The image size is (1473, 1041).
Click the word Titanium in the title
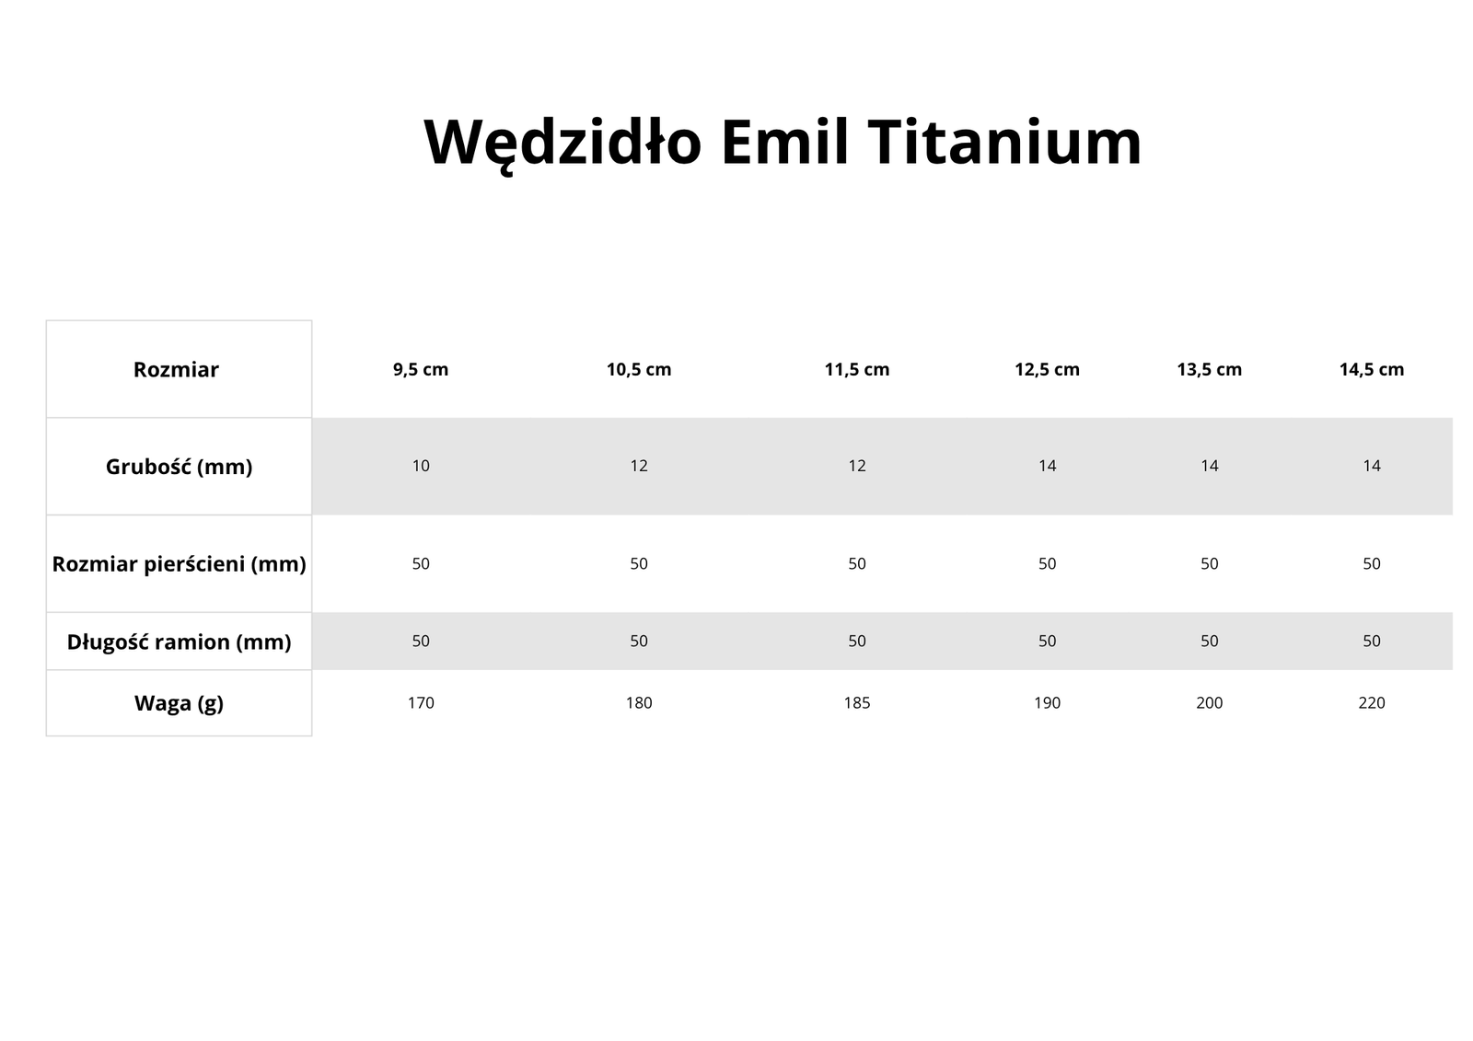[x=1004, y=142]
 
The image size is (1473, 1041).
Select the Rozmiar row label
[x=176, y=370]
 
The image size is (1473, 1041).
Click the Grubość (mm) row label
[x=179, y=467]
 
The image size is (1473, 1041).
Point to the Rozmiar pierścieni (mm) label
[x=179, y=564]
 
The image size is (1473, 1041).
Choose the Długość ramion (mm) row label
[x=179, y=642]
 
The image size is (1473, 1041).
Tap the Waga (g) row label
[x=179, y=703]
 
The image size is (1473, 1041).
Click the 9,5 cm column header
[x=421, y=370]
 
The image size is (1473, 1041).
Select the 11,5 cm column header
[x=857, y=370]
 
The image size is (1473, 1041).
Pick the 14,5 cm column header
[x=1372, y=370]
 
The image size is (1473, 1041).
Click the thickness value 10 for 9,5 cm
[x=421, y=467]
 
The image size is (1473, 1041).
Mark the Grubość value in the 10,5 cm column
[x=639, y=467]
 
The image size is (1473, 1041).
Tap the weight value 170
[x=421, y=703]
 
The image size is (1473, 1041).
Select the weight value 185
[x=857, y=703]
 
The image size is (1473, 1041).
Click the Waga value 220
[x=1372, y=703]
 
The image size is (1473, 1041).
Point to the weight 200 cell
[x=1210, y=703]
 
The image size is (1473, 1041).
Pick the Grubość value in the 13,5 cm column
[x=1210, y=467]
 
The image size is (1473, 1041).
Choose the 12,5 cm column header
[x=1047, y=370]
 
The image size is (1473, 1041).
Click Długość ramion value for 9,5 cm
[x=421, y=642]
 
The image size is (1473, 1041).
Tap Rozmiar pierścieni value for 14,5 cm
[x=1372, y=563]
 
